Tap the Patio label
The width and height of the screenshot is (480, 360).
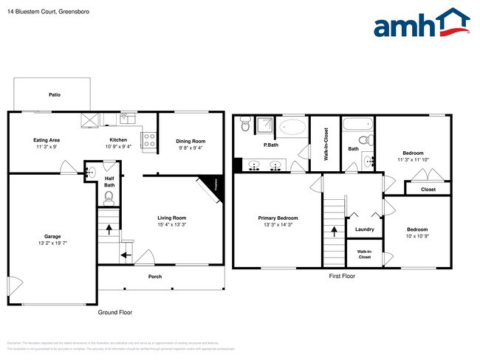[54, 95]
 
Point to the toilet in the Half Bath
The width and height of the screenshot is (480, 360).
[109, 196]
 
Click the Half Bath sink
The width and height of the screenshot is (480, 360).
[89, 173]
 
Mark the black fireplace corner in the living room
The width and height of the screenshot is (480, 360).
[215, 185]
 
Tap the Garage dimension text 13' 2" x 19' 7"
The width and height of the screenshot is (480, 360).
[52, 243]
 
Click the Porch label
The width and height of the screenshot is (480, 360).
[154, 277]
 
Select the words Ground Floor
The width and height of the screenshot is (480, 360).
[115, 312]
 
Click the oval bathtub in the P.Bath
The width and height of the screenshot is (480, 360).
[293, 128]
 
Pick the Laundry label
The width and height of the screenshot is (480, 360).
[364, 229]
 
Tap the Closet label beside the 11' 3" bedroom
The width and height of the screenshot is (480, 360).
[428, 190]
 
